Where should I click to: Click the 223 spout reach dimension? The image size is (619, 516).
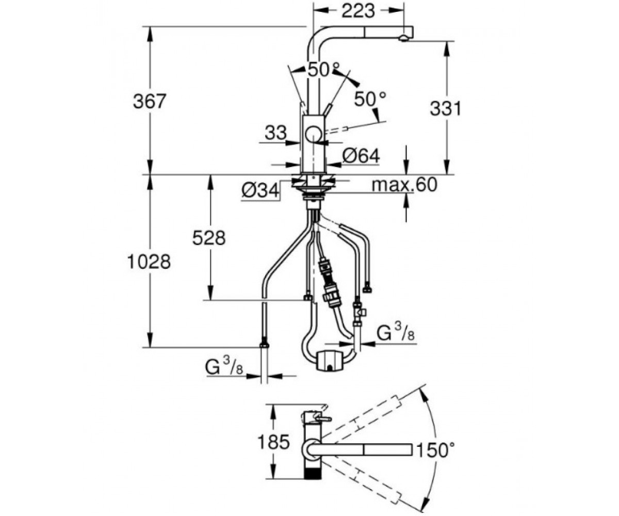point(358,11)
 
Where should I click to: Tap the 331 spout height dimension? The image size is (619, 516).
point(446,108)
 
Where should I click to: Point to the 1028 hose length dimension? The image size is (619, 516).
point(149,262)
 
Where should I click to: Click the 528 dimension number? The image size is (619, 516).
point(209,238)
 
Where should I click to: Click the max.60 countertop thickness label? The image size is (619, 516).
point(404,184)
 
